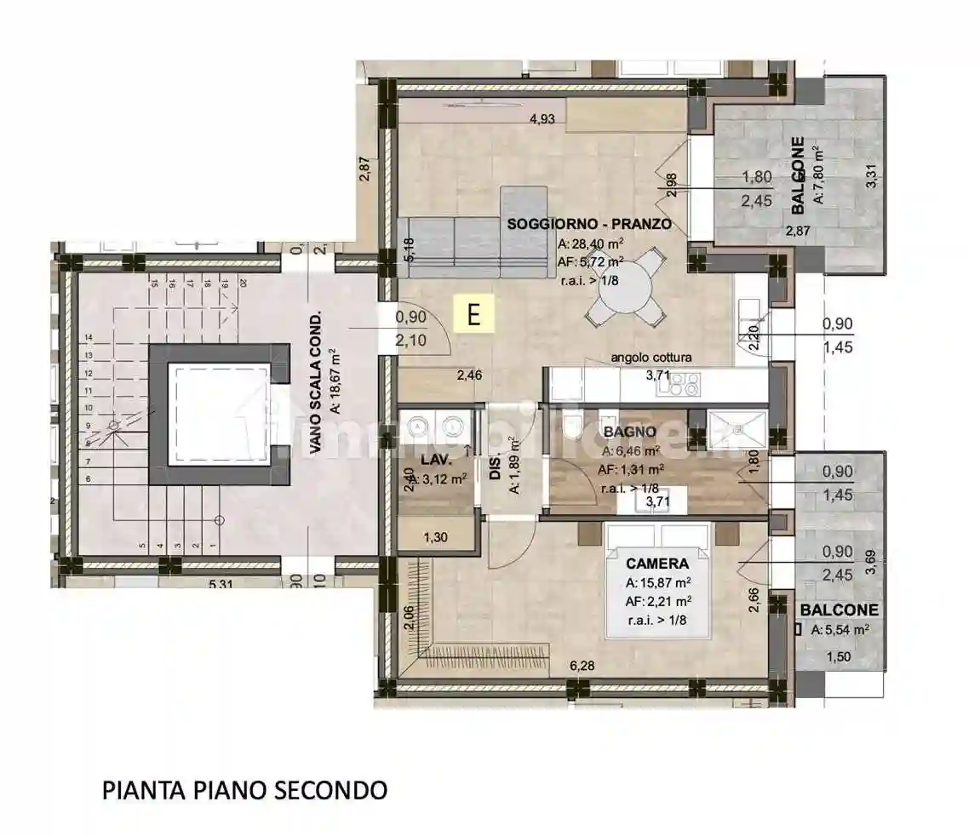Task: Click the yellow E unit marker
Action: [x=475, y=314]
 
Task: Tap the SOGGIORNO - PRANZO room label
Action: [x=589, y=225]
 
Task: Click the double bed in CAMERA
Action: [x=656, y=587]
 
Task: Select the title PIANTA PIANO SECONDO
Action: [x=244, y=790]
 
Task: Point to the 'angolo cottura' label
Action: [x=651, y=358]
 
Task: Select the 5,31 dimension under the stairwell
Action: [x=221, y=585]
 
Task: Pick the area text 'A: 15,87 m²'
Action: [x=657, y=584]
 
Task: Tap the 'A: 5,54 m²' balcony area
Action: [x=840, y=631]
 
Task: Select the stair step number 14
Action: [x=88, y=337]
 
